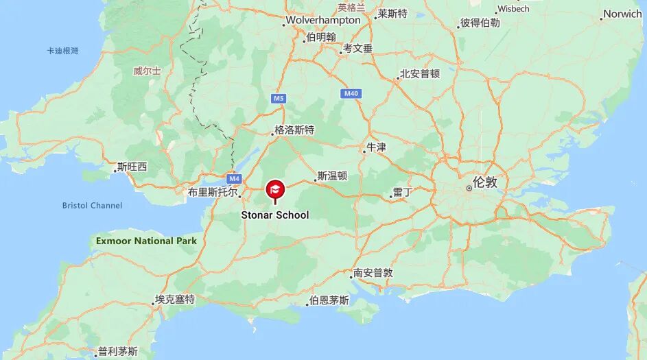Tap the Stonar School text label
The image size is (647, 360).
pos(274,215)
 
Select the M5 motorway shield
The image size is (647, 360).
pos(278,99)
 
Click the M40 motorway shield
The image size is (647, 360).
pos(351,93)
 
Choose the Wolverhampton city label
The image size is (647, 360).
pos(323,21)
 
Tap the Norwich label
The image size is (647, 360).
pos(622,14)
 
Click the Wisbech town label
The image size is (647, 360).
pos(513,9)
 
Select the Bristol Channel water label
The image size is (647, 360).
pos(92,205)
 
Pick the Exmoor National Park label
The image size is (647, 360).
pos(146,241)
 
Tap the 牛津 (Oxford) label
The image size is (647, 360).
pos(377,147)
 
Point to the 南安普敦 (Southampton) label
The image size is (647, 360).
pos(373,272)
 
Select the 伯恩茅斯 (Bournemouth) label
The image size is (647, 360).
pos(329,300)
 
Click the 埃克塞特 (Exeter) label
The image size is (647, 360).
pos(175,299)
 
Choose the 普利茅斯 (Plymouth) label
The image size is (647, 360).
pos(118,352)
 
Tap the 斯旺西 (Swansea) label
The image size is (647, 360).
pos(132,166)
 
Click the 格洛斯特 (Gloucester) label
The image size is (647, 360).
pos(294,130)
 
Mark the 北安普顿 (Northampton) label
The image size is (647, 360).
pos(420,73)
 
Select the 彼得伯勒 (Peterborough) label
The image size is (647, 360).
pos(480,23)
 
